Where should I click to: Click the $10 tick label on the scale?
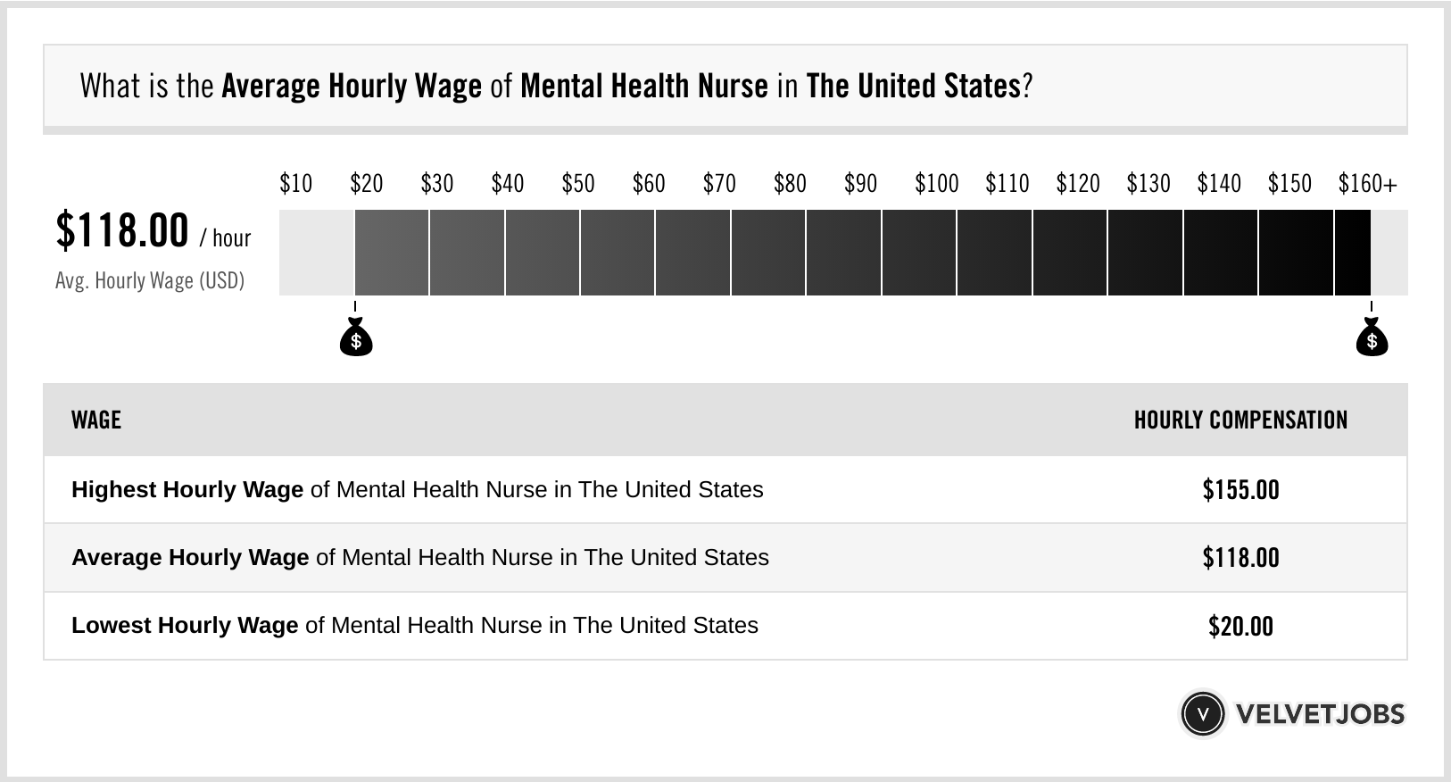coord(295,184)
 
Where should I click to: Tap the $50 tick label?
coord(577,184)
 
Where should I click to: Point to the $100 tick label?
coord(936,184)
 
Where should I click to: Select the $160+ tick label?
coord(1367,184)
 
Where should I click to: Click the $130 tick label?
coord(1148,184)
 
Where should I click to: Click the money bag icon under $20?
coord(356,337)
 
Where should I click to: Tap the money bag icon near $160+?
coord(1372,337)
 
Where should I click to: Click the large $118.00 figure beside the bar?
coord(122,230)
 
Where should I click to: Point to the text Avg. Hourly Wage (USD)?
coord(149,281)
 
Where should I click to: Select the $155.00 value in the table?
coord(1240,490)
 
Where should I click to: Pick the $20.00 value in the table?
coord(1240,626)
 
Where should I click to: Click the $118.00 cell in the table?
coord(1240,558)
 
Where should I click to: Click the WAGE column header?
coord(96,420)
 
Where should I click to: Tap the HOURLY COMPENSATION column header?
coord(1240,420)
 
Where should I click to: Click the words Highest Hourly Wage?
coord(187,490)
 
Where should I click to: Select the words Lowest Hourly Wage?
coord(185,626)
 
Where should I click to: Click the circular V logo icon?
coord(1201,714)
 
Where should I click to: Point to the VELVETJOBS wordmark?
coord(1320,714)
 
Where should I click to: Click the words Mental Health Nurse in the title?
coord(643,87)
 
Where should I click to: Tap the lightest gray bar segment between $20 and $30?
coord(392,253)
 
